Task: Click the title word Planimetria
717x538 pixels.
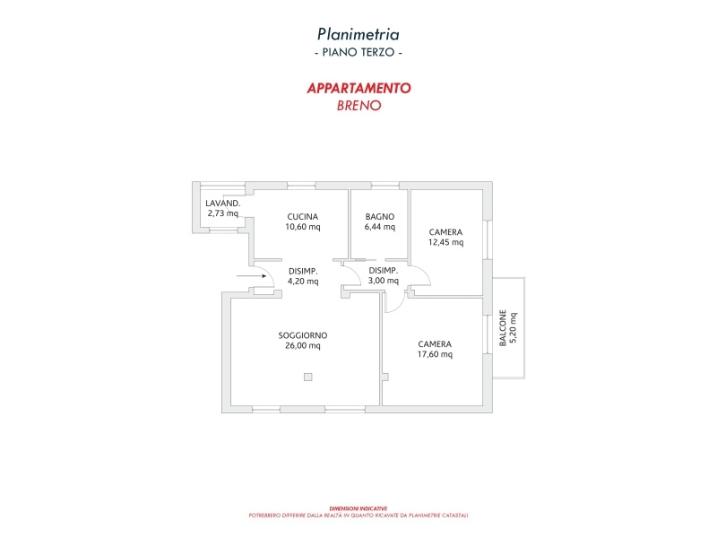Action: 358,34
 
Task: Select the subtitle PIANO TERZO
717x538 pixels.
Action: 358,54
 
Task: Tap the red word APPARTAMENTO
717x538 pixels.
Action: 358,88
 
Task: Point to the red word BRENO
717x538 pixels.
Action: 358,105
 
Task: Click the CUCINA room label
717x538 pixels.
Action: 303,217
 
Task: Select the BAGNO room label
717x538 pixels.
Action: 380,217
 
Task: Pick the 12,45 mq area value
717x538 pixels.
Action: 445,242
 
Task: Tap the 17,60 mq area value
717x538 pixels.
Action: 435,354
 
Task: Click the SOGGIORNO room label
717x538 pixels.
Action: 302,335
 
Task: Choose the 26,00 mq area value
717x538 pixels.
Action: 302,345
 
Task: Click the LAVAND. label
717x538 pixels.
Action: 223,204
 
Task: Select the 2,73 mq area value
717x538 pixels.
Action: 223,213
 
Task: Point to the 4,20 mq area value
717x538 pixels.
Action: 303,281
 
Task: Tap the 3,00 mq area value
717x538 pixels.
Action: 384,281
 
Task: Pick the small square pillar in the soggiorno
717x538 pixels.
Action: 307,377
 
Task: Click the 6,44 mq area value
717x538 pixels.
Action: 380,227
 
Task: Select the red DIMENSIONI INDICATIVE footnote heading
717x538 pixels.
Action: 358,508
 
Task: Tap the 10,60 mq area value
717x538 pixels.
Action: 303,227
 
